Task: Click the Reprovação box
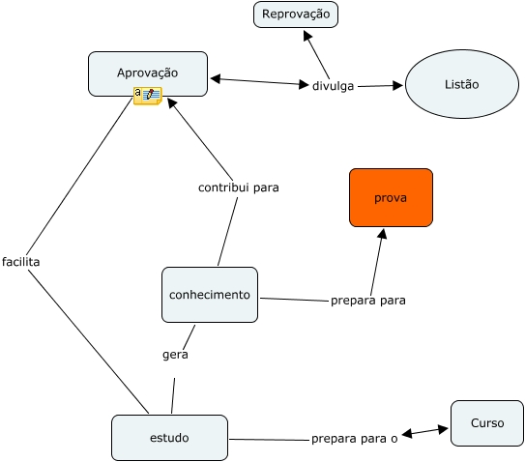click(x=296, y=14)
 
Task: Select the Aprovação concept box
click(x=148, y=73)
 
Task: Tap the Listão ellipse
click(x=462, y=84)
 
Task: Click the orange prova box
click(x=391, y=197)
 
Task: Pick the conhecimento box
click(x=210, y=295)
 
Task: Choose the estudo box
click(x=169, y=438)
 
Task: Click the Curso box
click(x=487, y=423)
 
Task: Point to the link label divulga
click(x=333, y=86)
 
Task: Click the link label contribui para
click(x=239, y=188)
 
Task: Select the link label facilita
click(x=20, y=262)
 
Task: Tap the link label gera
click(x=175, y=355)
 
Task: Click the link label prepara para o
click(x=354, y=439)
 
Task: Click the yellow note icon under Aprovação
click(x=148, y=96)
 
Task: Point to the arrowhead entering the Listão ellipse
click(x=397, y=85)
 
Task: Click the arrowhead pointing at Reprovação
click(x=307, y=35)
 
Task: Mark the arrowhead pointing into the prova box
click(x=382, y=234)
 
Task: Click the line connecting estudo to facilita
click(x=88, y=341)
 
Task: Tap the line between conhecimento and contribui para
click(x=227, y=231)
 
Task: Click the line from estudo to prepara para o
click(x=270, y=440)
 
